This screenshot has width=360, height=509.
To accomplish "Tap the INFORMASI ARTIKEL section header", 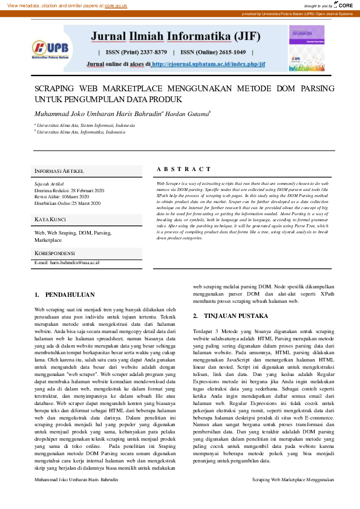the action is [x=59, y=171].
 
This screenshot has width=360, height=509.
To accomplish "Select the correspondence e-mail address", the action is [x=67, y=263].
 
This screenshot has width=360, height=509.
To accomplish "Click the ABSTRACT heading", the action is [x=184, y=169].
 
